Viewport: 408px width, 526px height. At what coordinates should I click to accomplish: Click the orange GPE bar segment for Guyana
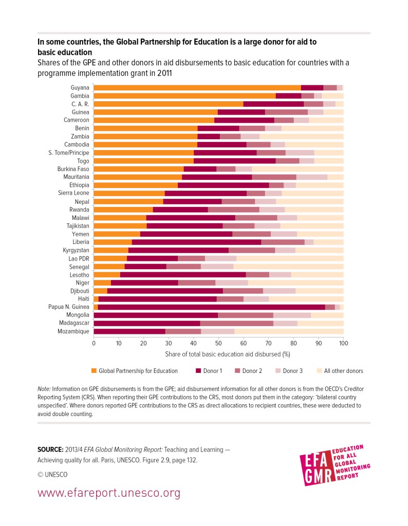pyautogui.click(x=197, y=88)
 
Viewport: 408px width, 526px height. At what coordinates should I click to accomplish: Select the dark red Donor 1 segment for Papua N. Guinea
pyautogui.click(x=211, y=307)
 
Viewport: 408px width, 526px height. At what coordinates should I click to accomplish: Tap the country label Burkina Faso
pyautogui.click(x=73, y=169)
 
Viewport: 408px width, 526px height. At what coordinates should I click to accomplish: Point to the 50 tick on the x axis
pyautogui.click(x=218, y=343)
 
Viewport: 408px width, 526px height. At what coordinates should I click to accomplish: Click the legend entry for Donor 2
pyautogui.click(x=252, y=371)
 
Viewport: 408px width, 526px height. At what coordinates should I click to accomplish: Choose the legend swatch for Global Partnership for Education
pyautogui.click(x=94, y=371)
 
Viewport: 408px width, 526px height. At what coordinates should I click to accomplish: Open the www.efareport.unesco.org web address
pyautogui.click(x=109, y=494)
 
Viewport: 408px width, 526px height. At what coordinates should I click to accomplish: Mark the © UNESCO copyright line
pyautogui.click(x=52, y=474)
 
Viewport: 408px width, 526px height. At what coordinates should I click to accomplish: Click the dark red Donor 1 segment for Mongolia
pyautogui.click(x=156, y=315)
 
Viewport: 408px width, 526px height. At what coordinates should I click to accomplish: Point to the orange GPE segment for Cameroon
pyautogui.click(x=154, y=120)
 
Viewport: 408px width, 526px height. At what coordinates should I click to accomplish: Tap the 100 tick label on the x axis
pyautogui.click(x=343, y=343)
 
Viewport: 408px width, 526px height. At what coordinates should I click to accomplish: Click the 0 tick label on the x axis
pyautogui.click(x=94, y=343)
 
